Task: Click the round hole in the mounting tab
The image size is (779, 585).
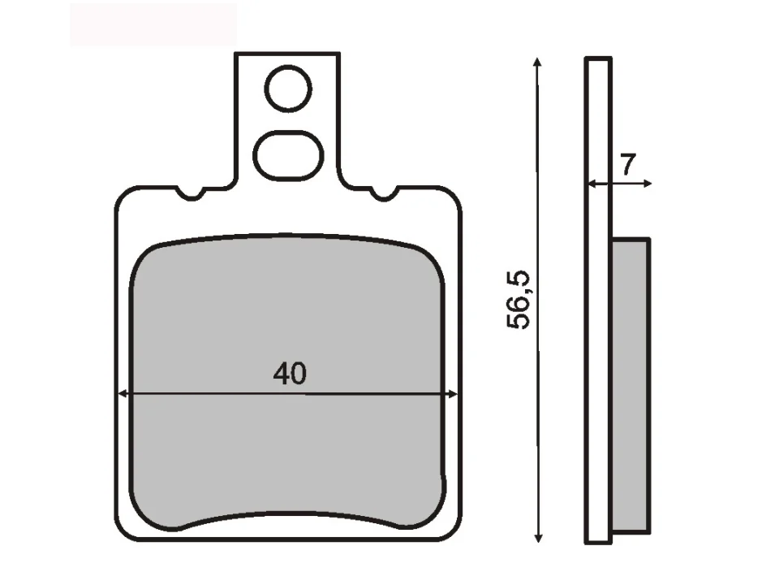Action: click(x=288, y=89)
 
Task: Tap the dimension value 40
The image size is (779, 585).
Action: click(x=290, y=374)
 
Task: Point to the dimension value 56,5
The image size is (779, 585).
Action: click(x=519, y=300)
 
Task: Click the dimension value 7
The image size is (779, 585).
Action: click(x=627, y=164)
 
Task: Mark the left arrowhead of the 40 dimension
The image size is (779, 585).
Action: click(x=122, y=395)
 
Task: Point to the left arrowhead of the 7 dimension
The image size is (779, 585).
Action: click(x=592, y=184)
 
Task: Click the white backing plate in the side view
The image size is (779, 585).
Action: click(x=597, y=325)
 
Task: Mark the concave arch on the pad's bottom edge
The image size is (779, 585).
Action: click(x=288, y=514)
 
